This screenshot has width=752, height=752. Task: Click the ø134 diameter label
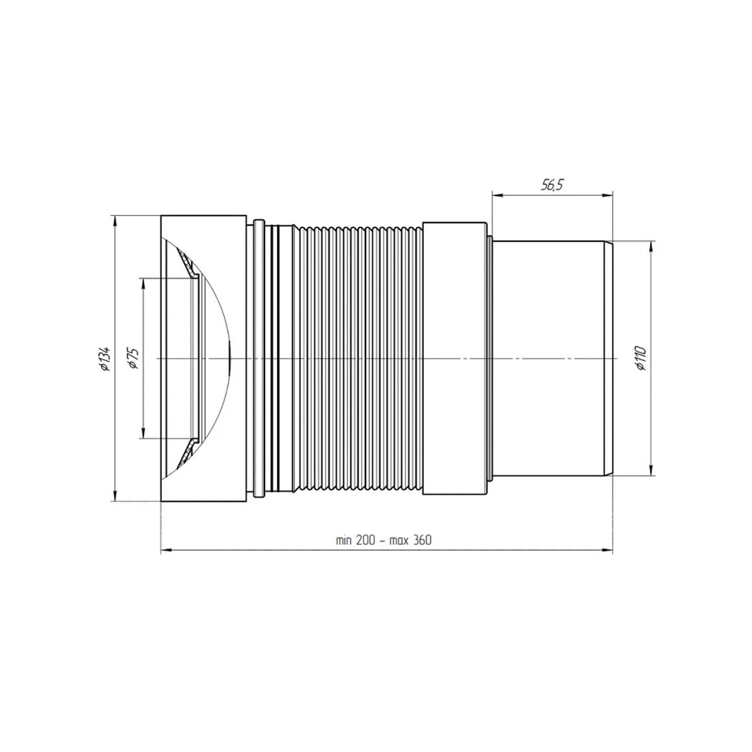coord(106,358)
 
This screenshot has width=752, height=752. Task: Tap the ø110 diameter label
coord(642,358)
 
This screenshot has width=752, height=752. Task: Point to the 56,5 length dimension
coord(552,185)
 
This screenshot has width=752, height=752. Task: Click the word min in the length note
coord(344,540)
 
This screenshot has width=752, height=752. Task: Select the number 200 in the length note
coord(365,540)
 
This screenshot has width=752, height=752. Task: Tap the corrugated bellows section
coord(358,358)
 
